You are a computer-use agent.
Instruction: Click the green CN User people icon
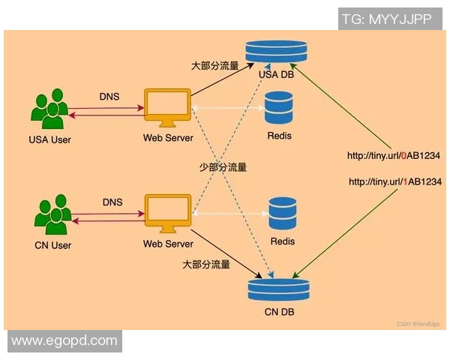53,215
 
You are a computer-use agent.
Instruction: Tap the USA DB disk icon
277,51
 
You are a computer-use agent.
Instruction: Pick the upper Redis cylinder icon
279,109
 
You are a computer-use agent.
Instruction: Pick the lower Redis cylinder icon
282,214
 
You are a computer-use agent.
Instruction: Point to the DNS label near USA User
110,96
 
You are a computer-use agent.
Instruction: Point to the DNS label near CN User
112,202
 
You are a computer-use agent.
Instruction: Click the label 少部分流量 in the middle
223,167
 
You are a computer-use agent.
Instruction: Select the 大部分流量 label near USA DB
214,65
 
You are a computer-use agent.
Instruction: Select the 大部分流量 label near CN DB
206,265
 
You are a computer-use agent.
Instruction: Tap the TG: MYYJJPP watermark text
386,19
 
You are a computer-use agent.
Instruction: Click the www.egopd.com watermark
64,340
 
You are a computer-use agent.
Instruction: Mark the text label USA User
49,139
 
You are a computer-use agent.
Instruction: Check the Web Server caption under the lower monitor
168,244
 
